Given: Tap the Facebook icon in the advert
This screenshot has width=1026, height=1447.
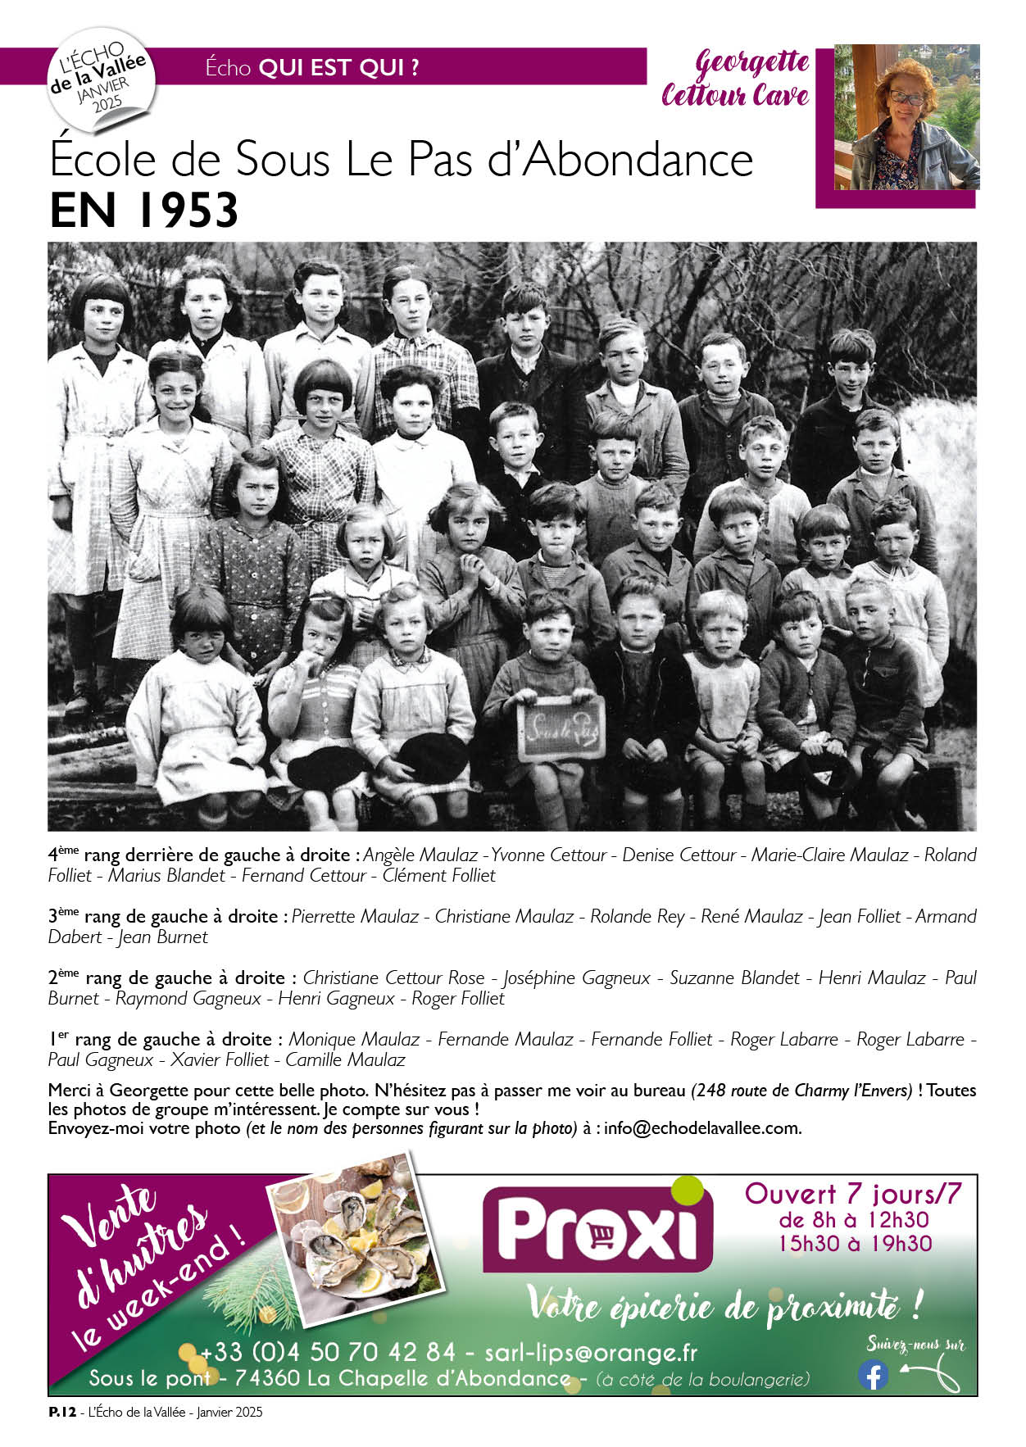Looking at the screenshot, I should point(873,1374).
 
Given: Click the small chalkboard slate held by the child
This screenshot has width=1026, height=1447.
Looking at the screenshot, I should point(561,727).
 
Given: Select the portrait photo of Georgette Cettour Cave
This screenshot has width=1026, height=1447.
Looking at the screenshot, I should point(906,118).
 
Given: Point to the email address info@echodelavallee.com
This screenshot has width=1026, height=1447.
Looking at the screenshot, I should point(702,1127).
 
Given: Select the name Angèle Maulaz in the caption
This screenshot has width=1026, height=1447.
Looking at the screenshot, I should point(420,855).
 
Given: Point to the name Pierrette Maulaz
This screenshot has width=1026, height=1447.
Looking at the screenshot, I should point(355,916).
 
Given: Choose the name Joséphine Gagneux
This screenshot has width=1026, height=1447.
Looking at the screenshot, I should point(576,978).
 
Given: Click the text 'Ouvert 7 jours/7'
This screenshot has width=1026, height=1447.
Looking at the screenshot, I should point(852,1194).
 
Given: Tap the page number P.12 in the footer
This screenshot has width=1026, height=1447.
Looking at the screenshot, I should point(61,1412).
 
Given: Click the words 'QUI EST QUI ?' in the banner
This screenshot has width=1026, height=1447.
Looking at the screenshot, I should point(338,68).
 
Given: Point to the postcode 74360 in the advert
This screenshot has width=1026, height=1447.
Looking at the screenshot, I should point(267,1378).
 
